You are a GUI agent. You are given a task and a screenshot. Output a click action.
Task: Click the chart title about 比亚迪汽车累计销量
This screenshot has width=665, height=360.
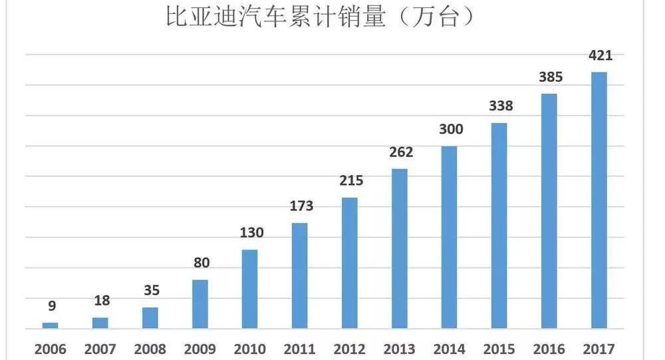pos(320,18)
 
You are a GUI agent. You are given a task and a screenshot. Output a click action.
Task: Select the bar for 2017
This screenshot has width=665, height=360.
pos(599,200)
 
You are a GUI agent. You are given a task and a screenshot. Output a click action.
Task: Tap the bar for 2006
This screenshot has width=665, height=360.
pos(51,325)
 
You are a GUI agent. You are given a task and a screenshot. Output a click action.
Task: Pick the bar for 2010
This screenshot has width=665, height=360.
pos(249,289)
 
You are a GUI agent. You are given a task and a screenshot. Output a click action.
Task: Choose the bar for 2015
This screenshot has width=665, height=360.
pos(499,226)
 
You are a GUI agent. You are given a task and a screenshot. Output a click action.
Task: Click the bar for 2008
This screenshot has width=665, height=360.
pos(150,318)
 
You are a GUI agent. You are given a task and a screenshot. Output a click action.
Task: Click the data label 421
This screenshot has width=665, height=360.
pos(600,55)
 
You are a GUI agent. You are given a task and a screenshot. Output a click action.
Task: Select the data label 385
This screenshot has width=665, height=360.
pos(550,77)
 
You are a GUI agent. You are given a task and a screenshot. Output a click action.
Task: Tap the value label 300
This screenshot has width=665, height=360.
pos(451,129)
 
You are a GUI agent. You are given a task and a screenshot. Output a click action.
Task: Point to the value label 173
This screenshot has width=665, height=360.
pos(301,206)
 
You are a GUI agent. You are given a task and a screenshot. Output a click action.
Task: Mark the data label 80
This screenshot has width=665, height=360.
pos(201,263)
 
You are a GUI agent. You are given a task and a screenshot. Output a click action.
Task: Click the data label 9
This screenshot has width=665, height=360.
pos(52,306)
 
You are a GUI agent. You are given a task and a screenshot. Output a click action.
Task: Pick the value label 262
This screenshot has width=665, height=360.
pos(400,152)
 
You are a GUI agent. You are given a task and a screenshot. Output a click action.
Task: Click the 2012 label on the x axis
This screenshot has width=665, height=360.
pos(350,349)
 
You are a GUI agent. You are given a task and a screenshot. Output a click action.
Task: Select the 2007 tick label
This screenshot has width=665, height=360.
pos(100,349)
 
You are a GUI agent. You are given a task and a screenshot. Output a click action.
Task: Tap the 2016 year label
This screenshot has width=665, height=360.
pos(549,349)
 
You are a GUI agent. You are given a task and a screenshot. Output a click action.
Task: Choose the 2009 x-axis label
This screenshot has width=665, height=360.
pos(200,349)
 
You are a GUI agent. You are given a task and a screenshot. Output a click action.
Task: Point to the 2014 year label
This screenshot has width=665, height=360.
pos(450,349)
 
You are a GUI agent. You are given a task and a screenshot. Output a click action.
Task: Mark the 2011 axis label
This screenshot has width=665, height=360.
pos(300,349)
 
